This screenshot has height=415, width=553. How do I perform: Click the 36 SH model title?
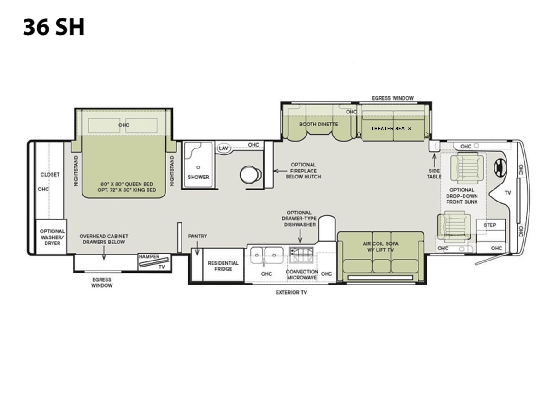tap(53, 27)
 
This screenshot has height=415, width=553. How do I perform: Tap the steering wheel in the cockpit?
tap(500, 167)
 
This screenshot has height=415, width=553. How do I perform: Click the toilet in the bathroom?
tap(251, 174)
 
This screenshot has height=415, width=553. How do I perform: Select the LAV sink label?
tap(223, 148)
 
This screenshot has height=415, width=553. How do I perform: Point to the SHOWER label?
tap(198, 177)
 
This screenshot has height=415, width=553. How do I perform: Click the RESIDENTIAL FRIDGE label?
tap(223, 266)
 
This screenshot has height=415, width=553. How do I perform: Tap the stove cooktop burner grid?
tap(301, 255)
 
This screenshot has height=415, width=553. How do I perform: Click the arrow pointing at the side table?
tap(435, 160)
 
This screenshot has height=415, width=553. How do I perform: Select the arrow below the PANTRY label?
tap(197, 248)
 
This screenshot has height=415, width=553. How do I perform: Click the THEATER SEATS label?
tap(391, 129)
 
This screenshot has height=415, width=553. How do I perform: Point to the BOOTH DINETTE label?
tap(318, 124)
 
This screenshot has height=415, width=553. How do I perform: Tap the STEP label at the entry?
tap(490, 225)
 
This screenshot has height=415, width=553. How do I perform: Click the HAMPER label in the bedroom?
tap(149, 256)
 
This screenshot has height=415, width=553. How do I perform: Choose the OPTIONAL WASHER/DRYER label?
tap(52, 237)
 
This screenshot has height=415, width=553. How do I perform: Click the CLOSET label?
tap(50, 175)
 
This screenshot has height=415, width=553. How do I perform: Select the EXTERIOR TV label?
tap(291, 292)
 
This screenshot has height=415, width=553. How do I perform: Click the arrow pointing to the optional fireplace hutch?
tap(280, 171)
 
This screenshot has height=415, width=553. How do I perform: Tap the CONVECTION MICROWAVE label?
tap(302, 275)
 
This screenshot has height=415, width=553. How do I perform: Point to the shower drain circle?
tap(198, 167)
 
